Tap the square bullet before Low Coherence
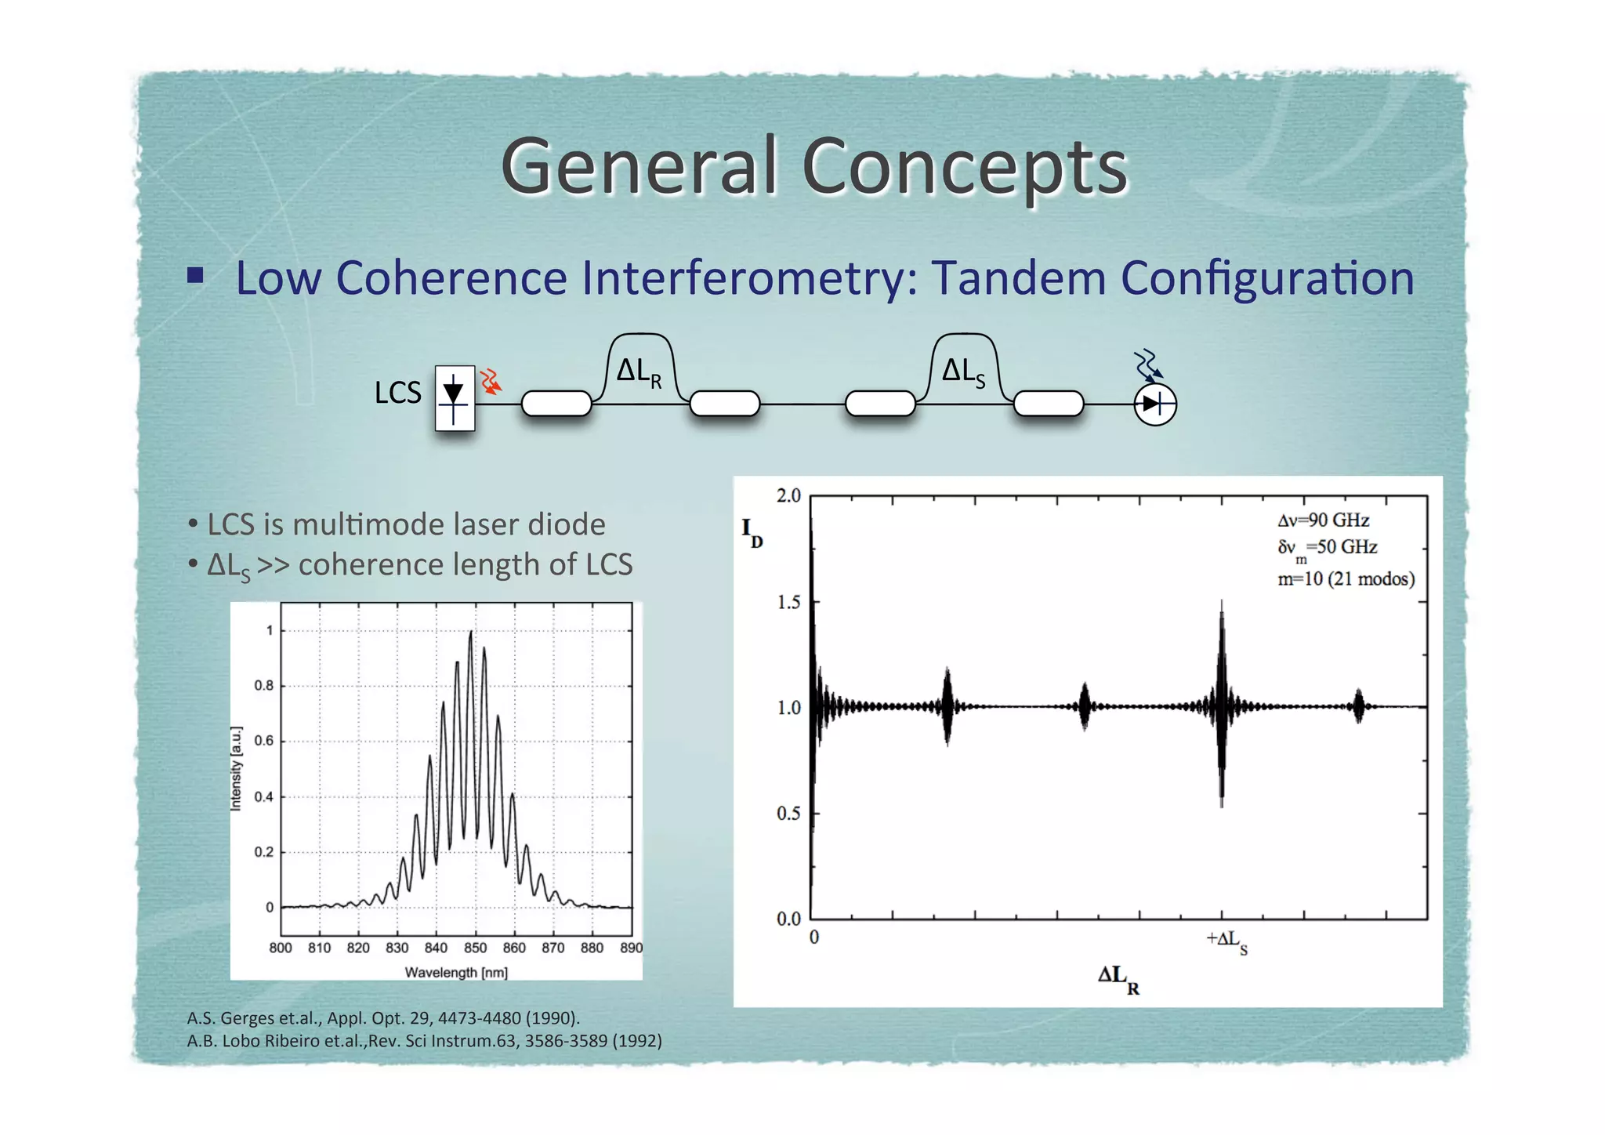click(x=196, y=275)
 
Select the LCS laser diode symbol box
click(x=455, y=397)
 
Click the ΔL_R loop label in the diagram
click(x=639, y=372)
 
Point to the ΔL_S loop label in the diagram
click(x=963, y=372)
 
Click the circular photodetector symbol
click(x=1155, y=404)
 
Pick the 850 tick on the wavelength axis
click(x=475, y=948)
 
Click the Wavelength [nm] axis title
click(x=456, y=973)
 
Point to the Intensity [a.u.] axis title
click(x=236, y=768)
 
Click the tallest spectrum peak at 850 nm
click(x=471, y=633)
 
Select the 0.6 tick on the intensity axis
click(x=264, y=741)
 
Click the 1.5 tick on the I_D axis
click(x=788, y=602)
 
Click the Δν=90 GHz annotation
click(x=1324, y=520)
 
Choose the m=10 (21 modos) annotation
click(x=1346, y=579)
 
